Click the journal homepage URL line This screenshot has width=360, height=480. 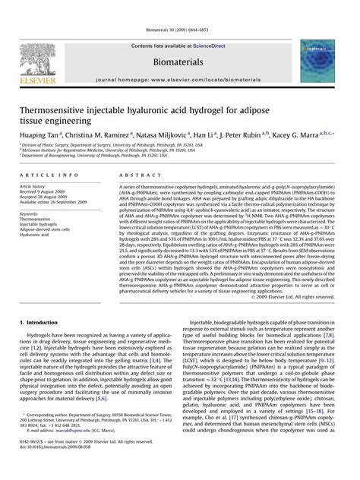click(179, 79)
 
